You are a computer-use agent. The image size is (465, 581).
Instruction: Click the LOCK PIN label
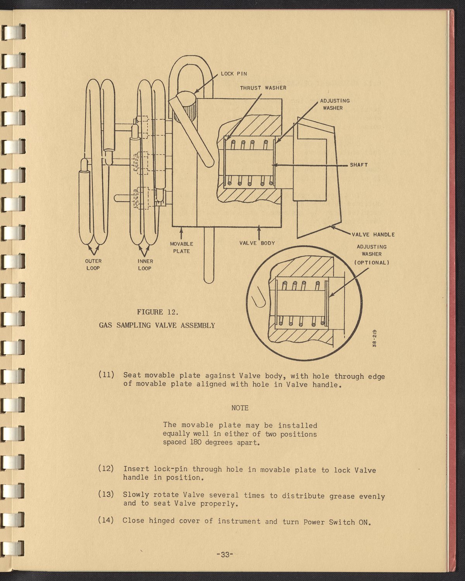pos(234,74)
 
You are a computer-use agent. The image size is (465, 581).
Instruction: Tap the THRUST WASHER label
pos(263,88)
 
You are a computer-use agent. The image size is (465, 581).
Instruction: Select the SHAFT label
pos(359,165)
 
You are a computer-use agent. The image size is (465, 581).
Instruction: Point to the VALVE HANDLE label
pos(373,234)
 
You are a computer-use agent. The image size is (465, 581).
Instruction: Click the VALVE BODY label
pos(257,243)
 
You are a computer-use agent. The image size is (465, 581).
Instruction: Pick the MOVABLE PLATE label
pos(181,248)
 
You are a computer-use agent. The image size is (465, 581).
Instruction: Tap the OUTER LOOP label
pos(93,265)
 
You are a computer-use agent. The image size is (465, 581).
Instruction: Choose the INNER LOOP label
pos(145,265)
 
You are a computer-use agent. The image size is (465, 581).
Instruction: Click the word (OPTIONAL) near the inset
pos(372,262)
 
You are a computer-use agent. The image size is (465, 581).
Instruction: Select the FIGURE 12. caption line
pos(157,312)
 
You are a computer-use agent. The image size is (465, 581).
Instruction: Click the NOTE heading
pos(240,408)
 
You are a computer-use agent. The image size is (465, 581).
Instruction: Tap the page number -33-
pos(224,555)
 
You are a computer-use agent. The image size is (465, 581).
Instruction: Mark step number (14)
pos(106,521)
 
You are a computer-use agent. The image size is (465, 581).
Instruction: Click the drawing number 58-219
pos(374,338)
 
